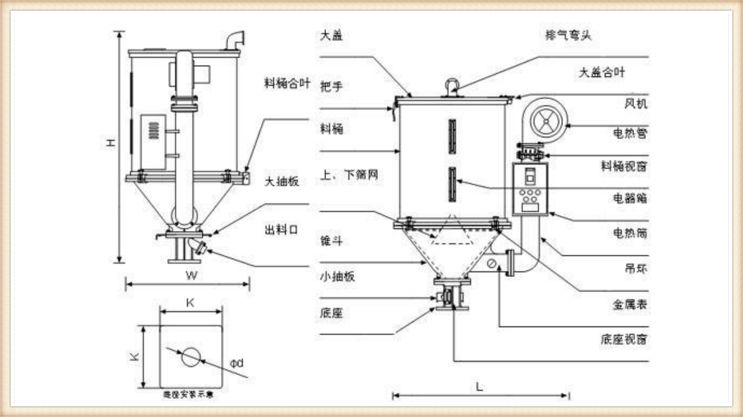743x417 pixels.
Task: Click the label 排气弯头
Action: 568,35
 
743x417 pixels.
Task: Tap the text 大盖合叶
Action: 602,72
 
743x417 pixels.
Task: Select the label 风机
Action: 635,104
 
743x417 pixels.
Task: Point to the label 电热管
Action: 630,133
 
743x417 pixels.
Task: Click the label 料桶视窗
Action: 624,166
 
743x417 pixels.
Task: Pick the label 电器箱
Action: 630,198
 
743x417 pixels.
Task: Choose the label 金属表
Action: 630,304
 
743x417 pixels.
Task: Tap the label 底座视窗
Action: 624,339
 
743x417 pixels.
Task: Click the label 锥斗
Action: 331,241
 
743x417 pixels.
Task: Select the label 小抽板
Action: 337,276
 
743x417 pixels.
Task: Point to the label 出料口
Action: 281,230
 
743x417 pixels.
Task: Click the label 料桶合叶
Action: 287,83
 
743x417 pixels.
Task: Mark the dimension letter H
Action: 110,142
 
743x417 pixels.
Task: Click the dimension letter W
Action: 192,276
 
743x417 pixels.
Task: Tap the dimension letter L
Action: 479,387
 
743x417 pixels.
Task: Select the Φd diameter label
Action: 237,363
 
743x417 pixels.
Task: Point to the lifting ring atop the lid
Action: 452,85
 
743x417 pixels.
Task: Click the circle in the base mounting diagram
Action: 191,357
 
